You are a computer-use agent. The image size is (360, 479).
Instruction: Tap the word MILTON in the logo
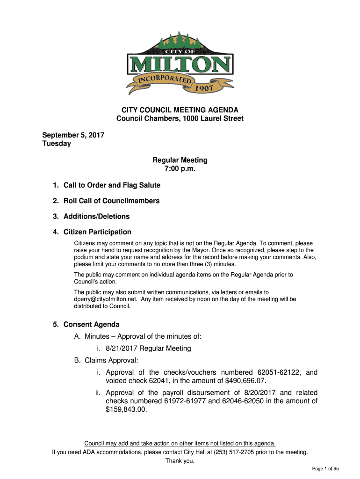pos(180,65)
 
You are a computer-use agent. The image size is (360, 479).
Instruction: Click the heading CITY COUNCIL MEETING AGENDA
pos(180,110)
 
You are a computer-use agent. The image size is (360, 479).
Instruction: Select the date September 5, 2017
pos(73,135)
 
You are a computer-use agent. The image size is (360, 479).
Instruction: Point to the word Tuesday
pos(57,144)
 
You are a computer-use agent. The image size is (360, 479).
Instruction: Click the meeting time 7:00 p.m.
pos(180,168)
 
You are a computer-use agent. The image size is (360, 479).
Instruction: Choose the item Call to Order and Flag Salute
pos(112,185)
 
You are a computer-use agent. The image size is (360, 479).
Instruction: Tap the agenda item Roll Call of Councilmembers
pos(111,201)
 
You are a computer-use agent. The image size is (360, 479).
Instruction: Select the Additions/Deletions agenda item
pos(97,216)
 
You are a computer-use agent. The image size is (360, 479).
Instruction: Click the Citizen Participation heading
pos(97,232)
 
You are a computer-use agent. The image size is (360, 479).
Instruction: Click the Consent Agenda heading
pos(92,325)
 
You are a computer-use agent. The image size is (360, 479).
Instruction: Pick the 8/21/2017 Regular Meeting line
pos(148,348)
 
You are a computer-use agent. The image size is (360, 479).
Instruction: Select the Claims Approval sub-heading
pos(111,360)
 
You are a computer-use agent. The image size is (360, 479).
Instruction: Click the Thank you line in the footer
pos(180,461)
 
